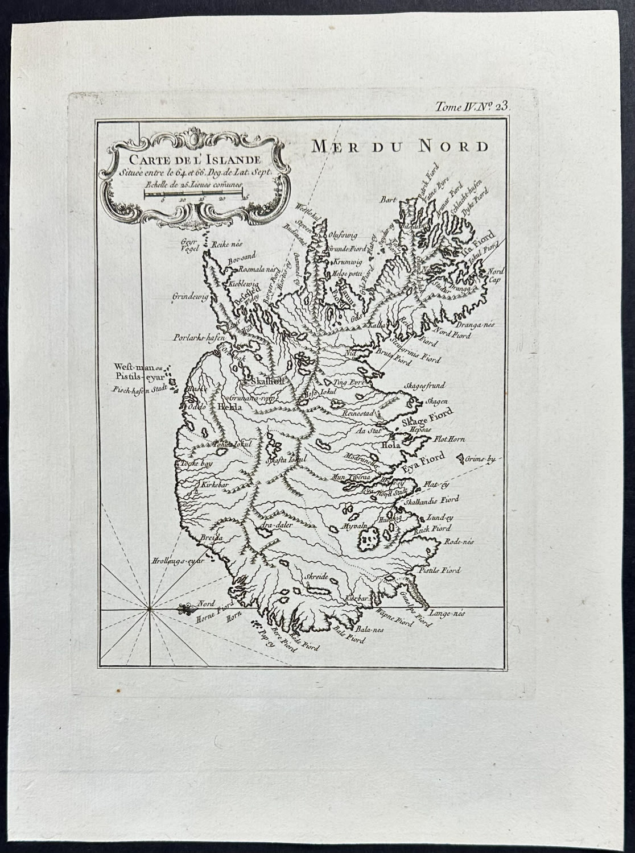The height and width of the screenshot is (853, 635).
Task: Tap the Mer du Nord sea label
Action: point(400,146)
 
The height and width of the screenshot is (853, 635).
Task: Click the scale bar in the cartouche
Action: point(193,194)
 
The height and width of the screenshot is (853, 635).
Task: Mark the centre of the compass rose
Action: point(150,610)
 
